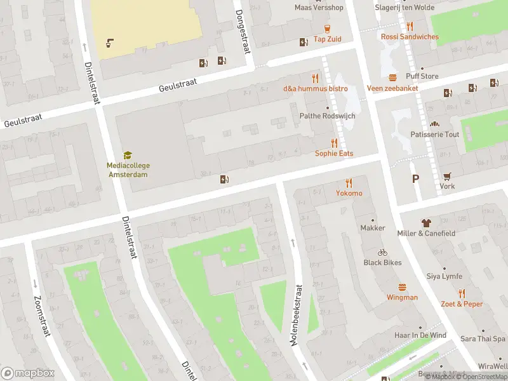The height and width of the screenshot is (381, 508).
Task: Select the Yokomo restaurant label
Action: pos(349,193)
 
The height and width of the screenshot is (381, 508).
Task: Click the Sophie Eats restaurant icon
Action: pos(334,143)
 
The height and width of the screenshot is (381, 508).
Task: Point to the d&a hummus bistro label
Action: pos(315,88)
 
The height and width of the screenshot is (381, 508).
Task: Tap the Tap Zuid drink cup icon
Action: pos(327,29)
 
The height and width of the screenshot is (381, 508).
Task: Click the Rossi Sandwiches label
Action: pos(410,37)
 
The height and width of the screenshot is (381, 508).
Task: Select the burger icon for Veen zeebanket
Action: pos(392,77)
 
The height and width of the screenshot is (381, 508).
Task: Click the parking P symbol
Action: pos(415,179)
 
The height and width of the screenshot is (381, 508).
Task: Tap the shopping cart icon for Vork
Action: pos(447,176)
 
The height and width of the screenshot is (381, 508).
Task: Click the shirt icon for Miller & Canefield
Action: pos(426,223)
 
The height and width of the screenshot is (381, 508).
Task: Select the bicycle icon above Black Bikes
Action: pos(382,252)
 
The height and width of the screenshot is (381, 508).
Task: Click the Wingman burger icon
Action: pos(402,287)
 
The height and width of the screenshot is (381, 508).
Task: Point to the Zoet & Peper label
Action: pos(462,304)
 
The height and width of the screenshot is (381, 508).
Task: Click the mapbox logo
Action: pos(28,373)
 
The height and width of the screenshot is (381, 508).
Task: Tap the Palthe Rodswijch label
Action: pos(327,116)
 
